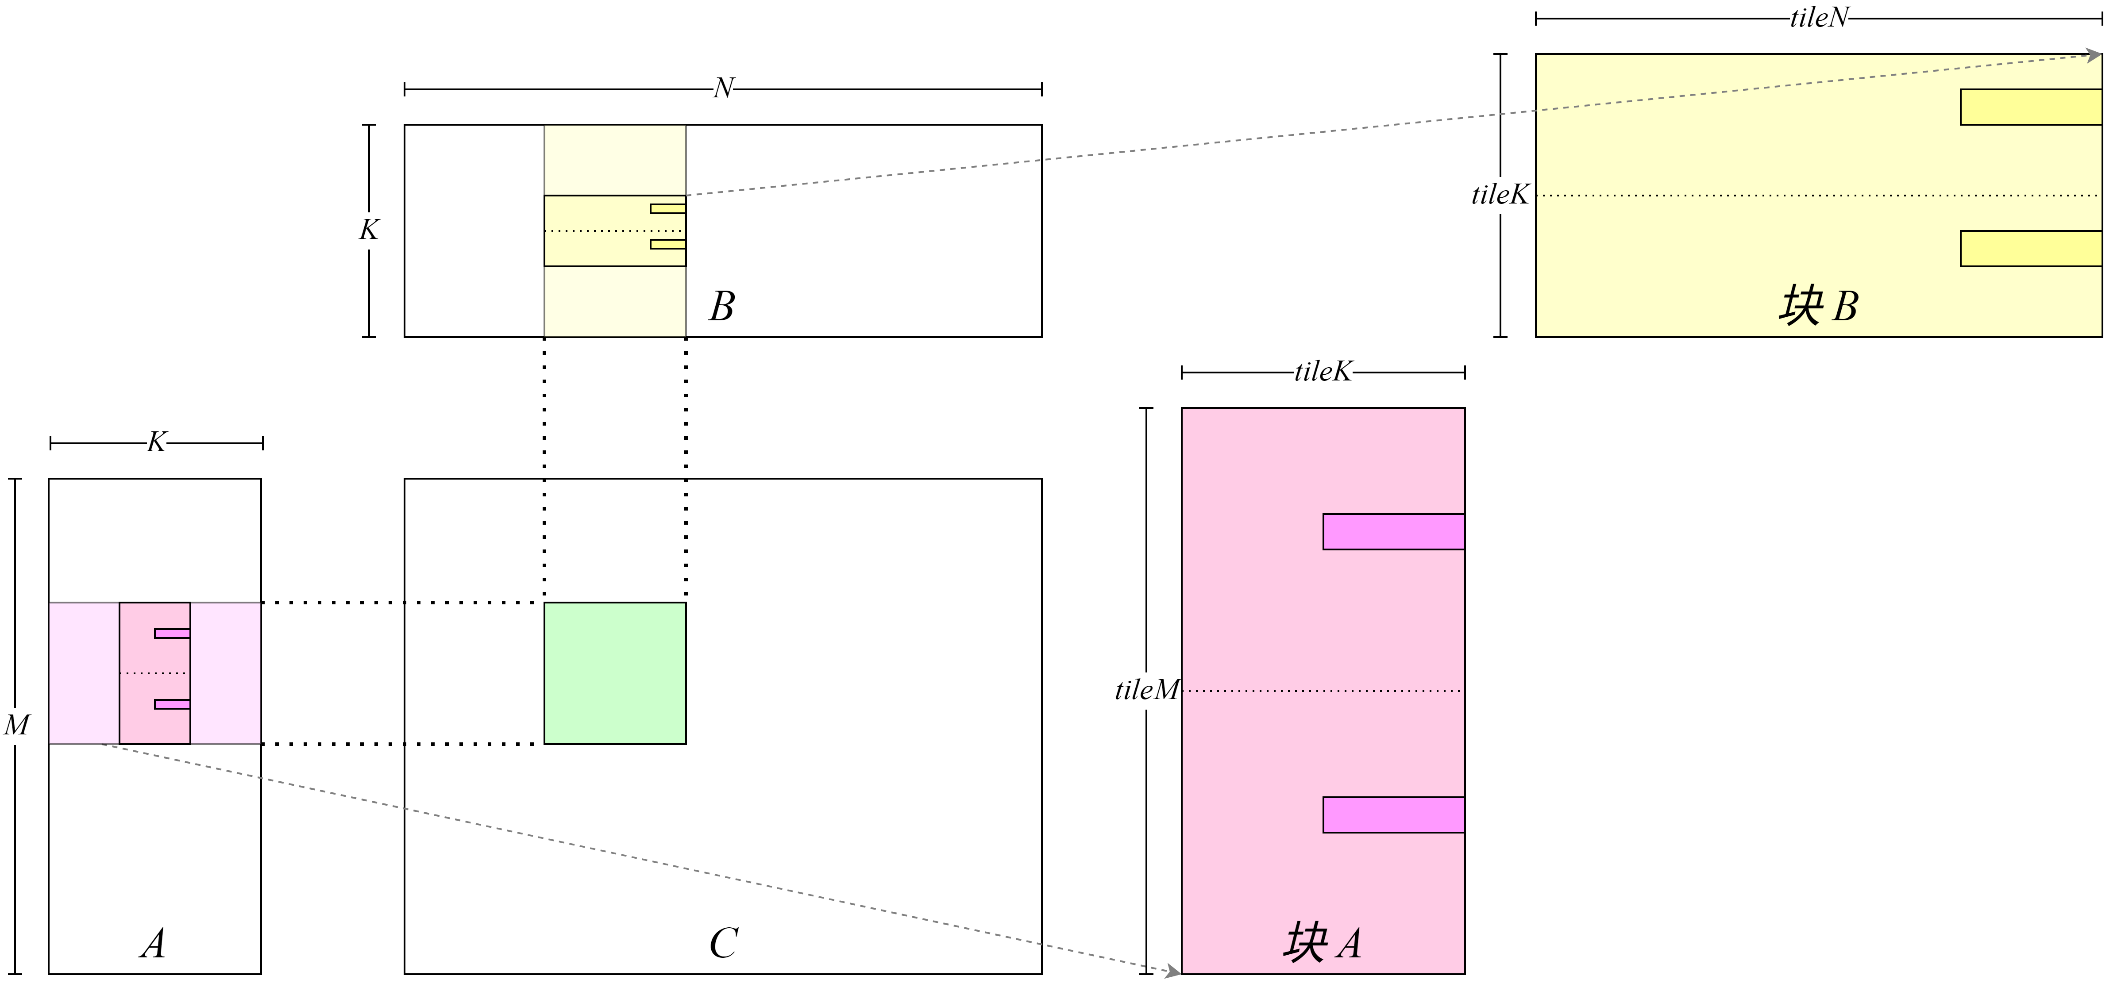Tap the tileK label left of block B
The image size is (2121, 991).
tap(1500, 195)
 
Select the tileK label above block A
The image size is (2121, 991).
tap(1323, 372)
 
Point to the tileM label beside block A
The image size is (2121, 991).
tap(1145, 690)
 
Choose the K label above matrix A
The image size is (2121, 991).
tap(156, 443)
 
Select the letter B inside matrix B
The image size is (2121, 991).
tap(721, 306)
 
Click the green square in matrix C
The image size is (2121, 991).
tap(615, 673)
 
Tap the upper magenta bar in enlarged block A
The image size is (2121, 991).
tap(1393, 532)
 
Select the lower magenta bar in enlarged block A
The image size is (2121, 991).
tap(1393, 815)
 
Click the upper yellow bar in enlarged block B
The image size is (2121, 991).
tap(2030, 107)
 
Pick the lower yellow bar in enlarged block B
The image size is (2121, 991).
tap(2030, 249)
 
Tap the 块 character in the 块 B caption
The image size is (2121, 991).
tap(1800, 306)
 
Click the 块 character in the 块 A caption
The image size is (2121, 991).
tap(1305, 943)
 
